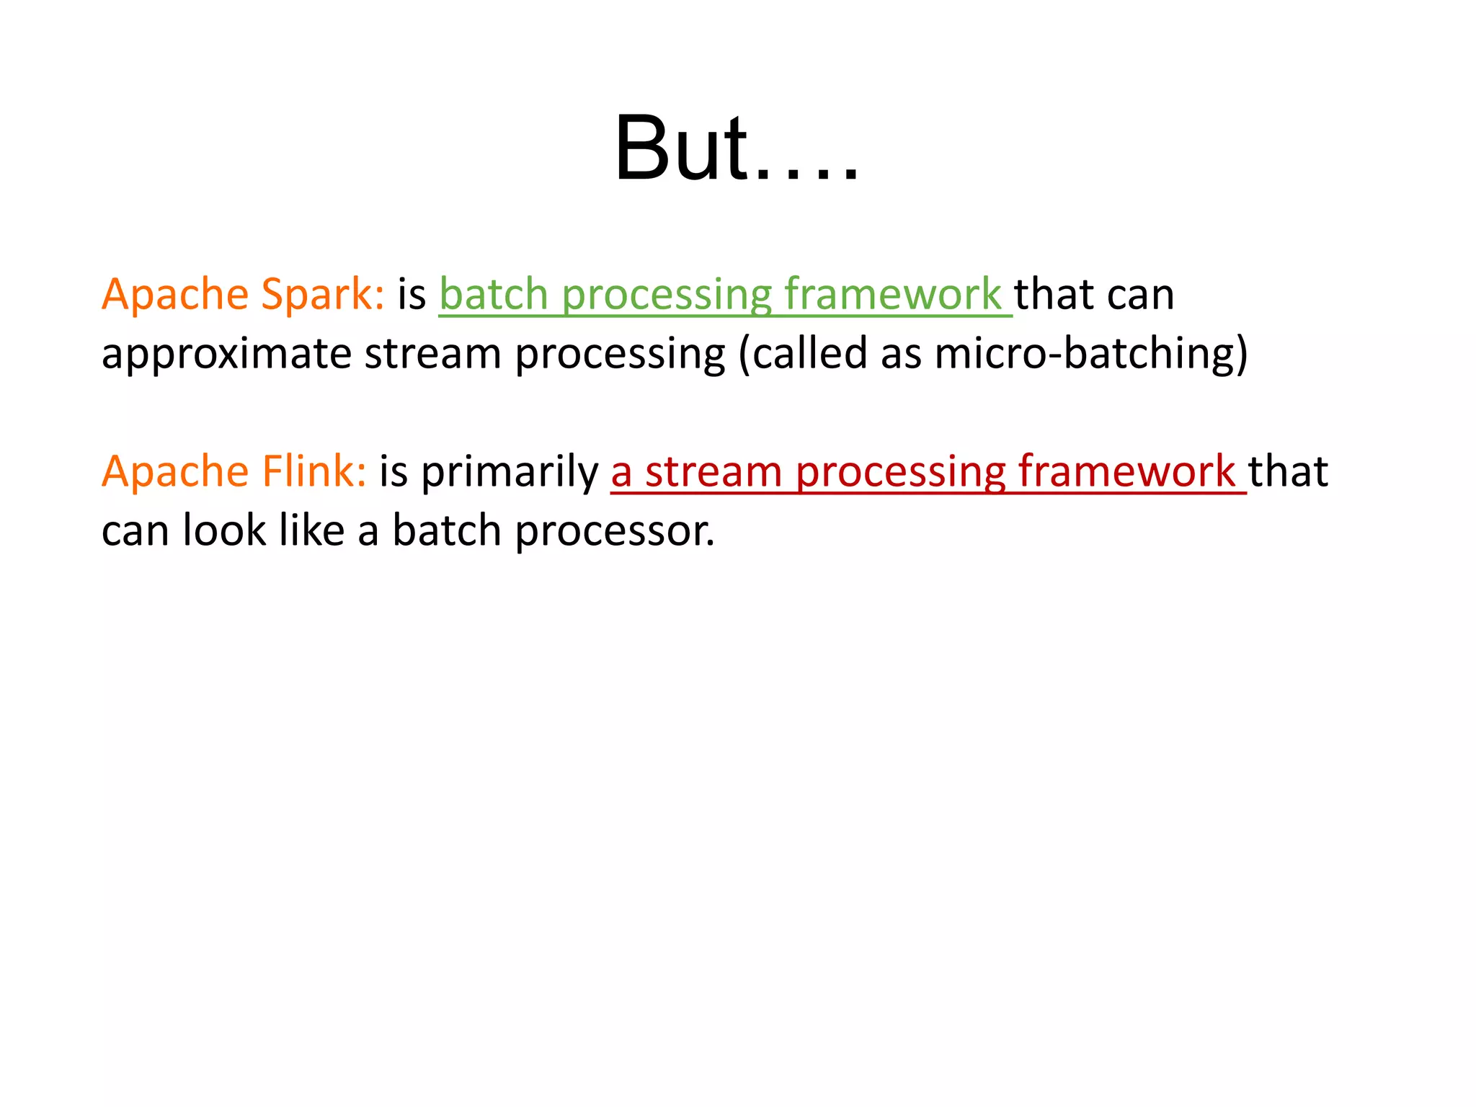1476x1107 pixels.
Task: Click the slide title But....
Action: [x=735, y=150]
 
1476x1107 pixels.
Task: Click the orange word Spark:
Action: [x=322, y=295]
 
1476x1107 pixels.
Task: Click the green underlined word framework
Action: [x=892, y=295]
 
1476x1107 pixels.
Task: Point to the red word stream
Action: [x=713, y=472]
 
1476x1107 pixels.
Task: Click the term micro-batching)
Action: [x=1090, y=355]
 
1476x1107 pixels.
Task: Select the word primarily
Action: [x=509, y=472]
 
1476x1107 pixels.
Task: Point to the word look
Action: [x=224, y=530]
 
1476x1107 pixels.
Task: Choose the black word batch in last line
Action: [x=446, y=530]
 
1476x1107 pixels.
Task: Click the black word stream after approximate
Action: [x=432, y=355]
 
